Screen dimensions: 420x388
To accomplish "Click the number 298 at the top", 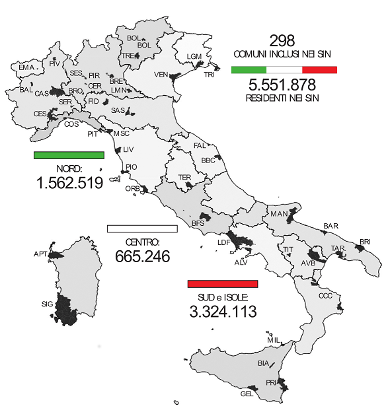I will (x=282, y=40).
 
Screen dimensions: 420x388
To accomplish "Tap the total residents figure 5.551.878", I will (x=282, y=85).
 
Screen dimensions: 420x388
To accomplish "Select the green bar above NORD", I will (x=69, y=155).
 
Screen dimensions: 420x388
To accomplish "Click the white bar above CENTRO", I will (x=142, y=229).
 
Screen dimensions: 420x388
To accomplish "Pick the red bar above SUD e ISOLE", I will (x=223, y=284).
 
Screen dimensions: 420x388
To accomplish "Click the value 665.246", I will (x=143, y=256).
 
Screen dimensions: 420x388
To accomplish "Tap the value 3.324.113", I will (x=223, y=311).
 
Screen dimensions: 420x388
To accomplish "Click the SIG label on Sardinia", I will (x=46, y=304).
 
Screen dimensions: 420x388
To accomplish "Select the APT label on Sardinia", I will (x=40, y=254).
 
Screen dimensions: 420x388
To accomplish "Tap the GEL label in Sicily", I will (x=247, y=394).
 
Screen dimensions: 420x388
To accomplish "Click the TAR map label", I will (x=338, y=248).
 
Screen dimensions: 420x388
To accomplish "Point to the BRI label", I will (x=366, y=242).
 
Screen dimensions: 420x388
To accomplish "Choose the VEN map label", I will (x=161, y=74).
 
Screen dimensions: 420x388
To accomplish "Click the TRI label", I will (x=209, y=75).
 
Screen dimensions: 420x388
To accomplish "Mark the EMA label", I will (x=26, y=67).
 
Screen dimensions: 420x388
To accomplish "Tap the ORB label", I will (x=132, y=188).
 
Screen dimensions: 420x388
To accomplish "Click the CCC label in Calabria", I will (x=325, y=296).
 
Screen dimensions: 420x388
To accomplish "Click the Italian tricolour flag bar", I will (x=284, y=69).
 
